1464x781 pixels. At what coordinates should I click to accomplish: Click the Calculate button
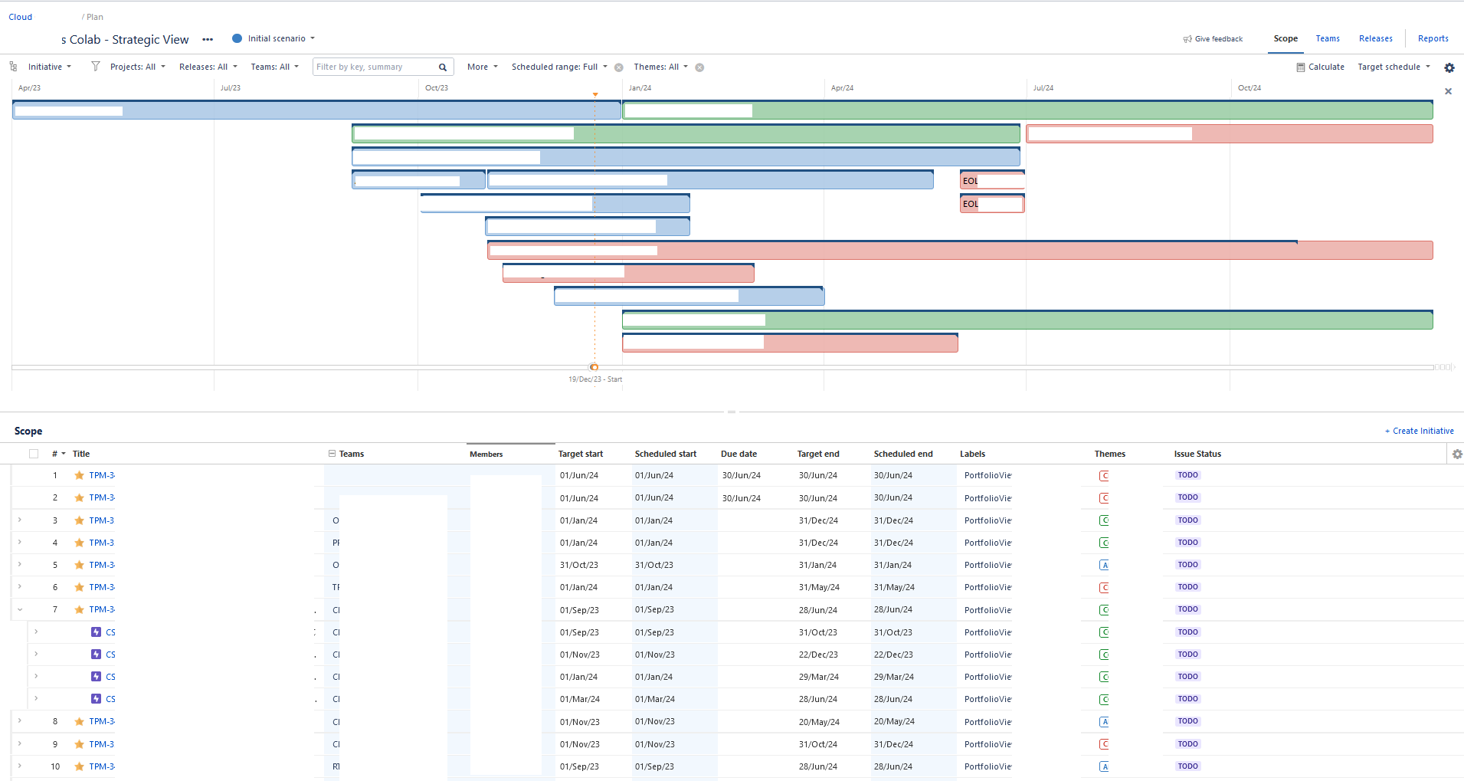pos(1321,67)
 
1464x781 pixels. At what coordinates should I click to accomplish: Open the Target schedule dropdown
pos(1394,67)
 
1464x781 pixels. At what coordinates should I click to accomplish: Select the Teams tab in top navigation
pos(1328,38)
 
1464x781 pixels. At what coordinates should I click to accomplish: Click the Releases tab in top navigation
pos(1375,38)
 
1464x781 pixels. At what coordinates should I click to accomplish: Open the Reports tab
pos(1433,38)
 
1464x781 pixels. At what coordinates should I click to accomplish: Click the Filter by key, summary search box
pos(375,67)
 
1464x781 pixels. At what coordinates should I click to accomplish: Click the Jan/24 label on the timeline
pos(640,88)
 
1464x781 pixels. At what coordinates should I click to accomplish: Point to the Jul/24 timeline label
pos(1043,88)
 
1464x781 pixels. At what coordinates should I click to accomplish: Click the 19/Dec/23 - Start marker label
pos(594,379)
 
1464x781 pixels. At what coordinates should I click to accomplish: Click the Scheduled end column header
pos(902,454)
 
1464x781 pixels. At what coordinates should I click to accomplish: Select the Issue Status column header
pos(1197,454)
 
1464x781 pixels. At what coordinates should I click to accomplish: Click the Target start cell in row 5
pos(579,565)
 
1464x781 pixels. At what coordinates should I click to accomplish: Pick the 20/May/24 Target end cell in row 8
pos(818,722)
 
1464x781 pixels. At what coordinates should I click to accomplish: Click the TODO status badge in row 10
pos(1187,766)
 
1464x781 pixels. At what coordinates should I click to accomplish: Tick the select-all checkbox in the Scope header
pos(34,454)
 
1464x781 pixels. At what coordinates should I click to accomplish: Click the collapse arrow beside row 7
pos(20,609)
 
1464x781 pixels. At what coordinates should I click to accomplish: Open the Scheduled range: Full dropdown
pos(559,67)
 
